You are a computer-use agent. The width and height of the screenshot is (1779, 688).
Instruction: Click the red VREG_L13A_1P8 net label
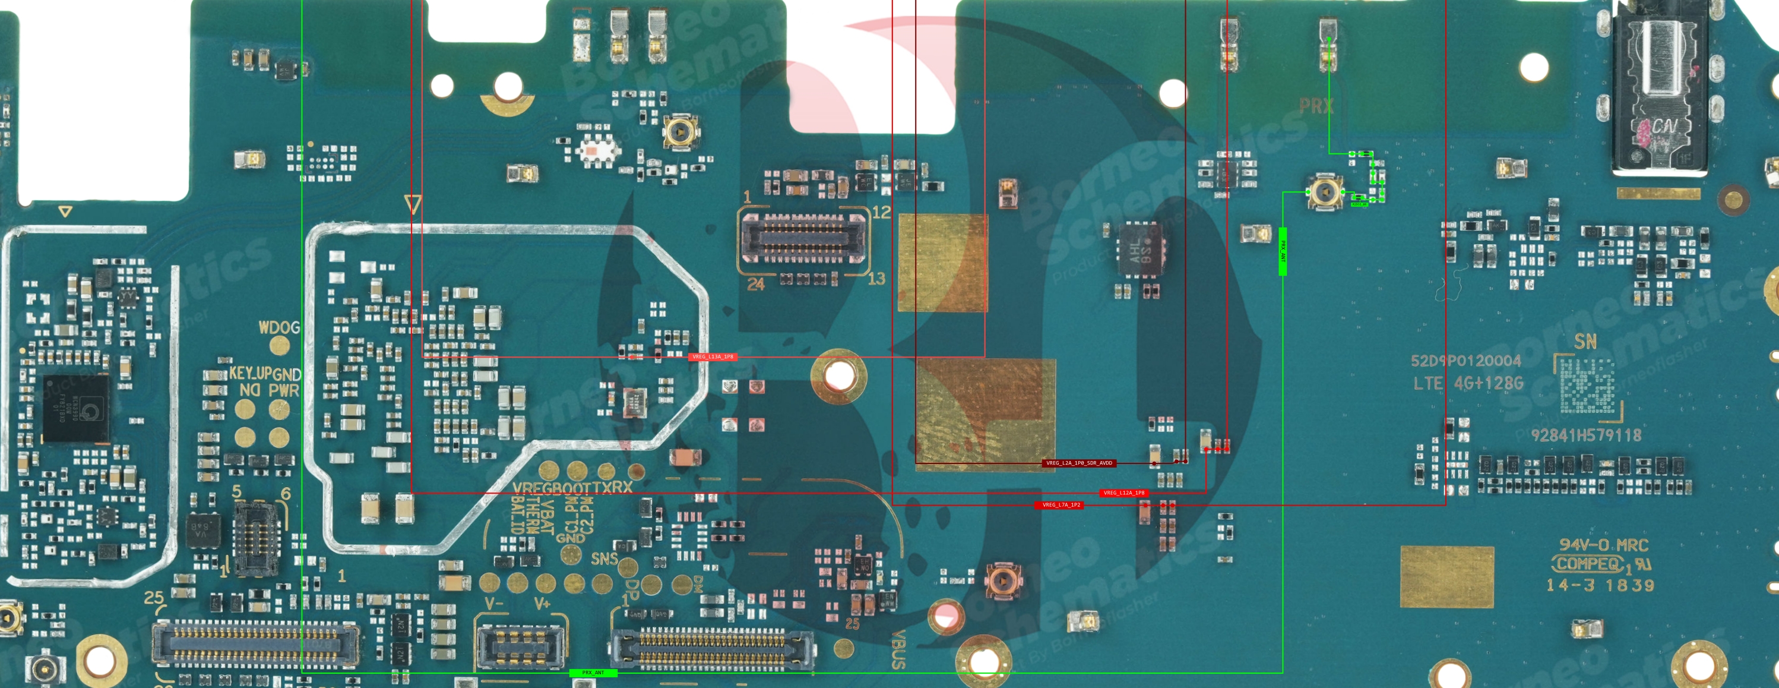712,357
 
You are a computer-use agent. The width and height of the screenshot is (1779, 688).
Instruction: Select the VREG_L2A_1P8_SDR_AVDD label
1079,463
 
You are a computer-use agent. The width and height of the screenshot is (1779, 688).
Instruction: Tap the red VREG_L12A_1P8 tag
1123,493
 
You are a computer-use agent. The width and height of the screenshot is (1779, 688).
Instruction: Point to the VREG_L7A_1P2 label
1061,505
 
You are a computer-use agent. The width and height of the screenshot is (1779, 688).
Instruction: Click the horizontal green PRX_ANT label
593,672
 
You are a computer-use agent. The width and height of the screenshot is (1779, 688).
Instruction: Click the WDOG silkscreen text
279,327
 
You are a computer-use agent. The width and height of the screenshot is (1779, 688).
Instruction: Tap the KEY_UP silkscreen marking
250,373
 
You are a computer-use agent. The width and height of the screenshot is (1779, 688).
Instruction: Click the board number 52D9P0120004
1465,361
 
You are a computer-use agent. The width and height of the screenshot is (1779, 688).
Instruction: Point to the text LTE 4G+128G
1467,383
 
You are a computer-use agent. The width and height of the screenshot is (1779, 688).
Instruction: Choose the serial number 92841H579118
1585,435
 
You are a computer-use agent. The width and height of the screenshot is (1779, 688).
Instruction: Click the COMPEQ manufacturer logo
1588,564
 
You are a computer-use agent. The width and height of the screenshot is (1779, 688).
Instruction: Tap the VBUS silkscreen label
898,649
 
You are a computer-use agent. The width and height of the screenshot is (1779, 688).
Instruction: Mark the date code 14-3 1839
1600,586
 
